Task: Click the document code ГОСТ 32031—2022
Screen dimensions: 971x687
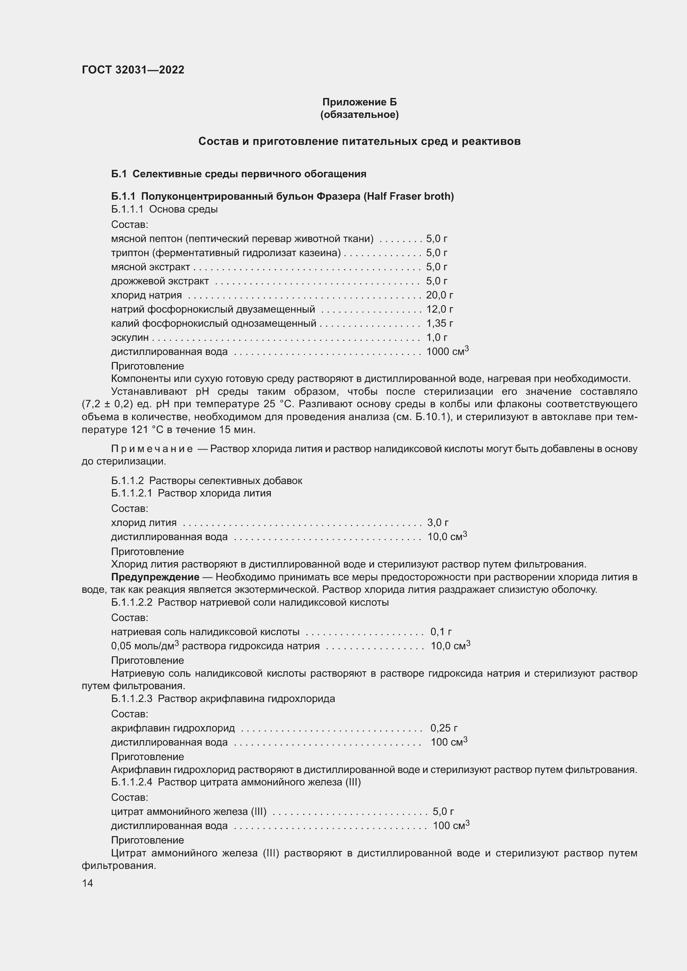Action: [133, 70]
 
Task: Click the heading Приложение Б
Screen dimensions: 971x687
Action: [359, 102]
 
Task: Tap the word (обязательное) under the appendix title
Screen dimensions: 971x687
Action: [359, 115]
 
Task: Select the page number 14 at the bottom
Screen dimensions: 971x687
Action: [87, 883]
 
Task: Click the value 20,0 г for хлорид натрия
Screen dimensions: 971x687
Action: [439, 295]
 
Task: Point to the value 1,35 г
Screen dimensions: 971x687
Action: [439, 323]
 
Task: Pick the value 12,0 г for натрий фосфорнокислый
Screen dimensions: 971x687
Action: [439, 309]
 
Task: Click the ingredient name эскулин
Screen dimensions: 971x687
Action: [130, 338]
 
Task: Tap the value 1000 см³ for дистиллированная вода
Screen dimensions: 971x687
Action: [447, 352]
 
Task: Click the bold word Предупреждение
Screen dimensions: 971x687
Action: [155, 577]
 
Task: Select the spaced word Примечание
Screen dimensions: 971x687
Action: [152, 449]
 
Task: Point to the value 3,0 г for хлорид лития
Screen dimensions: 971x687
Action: [437, 523]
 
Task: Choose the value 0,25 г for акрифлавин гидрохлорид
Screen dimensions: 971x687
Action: [443, 728]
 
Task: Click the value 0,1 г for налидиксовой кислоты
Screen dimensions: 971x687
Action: [441, 632]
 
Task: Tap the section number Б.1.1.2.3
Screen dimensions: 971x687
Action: [132, 699]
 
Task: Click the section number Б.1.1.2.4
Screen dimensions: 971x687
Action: [132, 782]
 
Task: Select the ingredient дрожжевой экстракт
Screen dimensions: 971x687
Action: [160, 281]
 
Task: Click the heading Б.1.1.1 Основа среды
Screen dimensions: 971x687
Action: [164, 209]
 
